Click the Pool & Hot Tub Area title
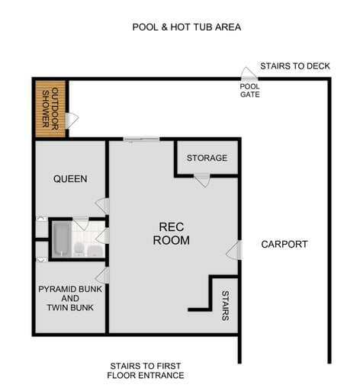pyautogui.click(x=186, y=27)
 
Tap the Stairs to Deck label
pyautogui.click(x=294, y=66)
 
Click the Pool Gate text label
pyautogui.click(x=249, y=91)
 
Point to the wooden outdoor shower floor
pyautogui.click(x=50, y=109)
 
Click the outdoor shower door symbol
pyautogui.click(x=72, y=120)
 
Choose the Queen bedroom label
pyautogui.click(x=70, y=179)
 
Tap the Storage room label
pyautogui.click(x=207, y=158)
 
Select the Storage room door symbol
pyautogui.click(x=202, y=181)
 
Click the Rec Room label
pyautogui.click(x=171, y=233)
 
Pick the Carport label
pyautogui.click(x=284, y=245)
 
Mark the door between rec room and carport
pyautogui.click(x=234, y=250)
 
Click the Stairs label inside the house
pyautogui.click(x=225, y=305)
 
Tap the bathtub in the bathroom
pyautogui.click(x=62, y=239)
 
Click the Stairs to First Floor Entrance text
pyautogui.click(x=146, y=370)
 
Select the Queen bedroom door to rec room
pyautogui.click(x=102, y=206)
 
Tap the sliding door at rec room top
pyautogui.click(x=141, y=139)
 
